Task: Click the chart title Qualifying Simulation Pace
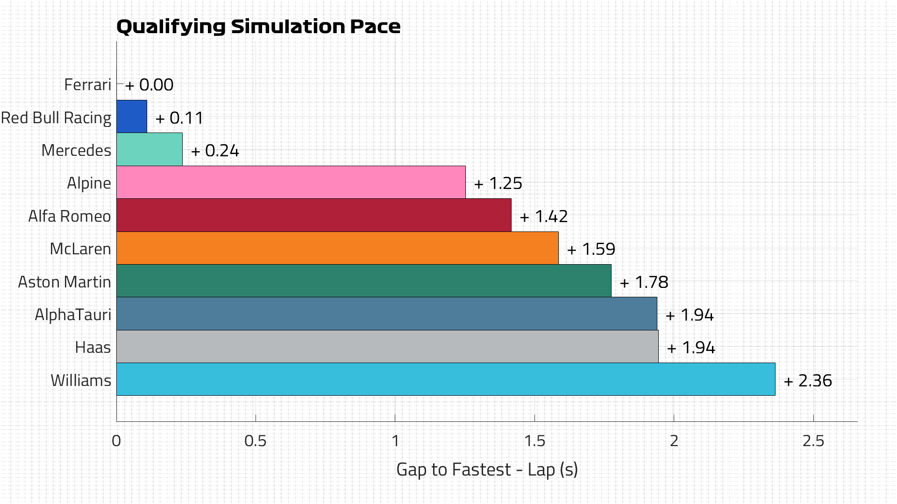click(258, 27)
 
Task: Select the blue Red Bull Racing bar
click(132, 117)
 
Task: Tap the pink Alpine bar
click(291, 182)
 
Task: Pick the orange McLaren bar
click(337, 248)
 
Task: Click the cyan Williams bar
click(446, 379)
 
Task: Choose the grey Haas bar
click(387, 347)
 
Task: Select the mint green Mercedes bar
click(149, 150)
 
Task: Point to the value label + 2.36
click(808, 381)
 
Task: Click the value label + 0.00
click(149, 85)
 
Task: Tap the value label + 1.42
click(544, 217)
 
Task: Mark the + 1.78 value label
click(644, 282)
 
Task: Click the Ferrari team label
click(88, 85)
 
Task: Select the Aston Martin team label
click(64, 282)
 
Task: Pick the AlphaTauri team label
click(73, 315)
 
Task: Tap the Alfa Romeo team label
click(70, 217)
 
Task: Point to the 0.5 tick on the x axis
click(256, 441)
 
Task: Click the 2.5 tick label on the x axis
click(813, 441)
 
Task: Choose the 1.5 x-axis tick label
click(534, 441)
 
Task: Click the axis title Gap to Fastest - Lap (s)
click(487, 469)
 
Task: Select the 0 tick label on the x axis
click(116, 441)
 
